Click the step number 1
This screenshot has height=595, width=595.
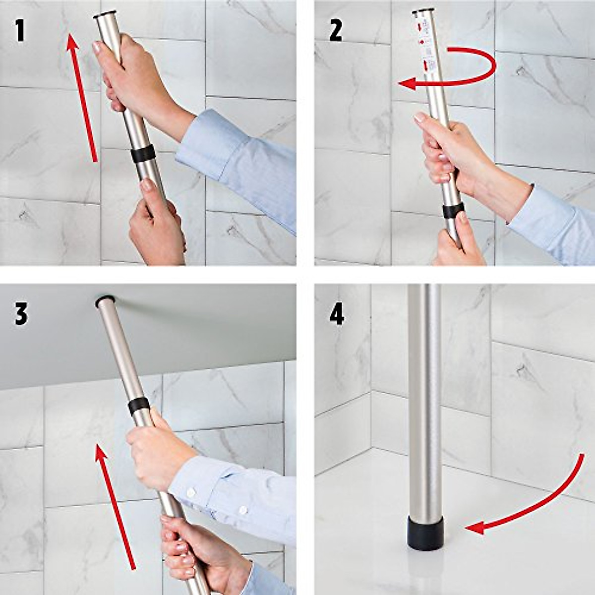tap(19, 31)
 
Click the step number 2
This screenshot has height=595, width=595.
tap(336, 31)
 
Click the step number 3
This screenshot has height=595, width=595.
tap(20, 314)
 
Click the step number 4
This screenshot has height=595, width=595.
tap(337, 314)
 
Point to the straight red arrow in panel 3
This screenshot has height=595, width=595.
tap(115, 506)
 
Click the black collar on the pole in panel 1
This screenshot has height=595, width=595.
tap(144, 155)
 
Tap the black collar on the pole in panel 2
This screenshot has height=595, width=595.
tap(452, 210)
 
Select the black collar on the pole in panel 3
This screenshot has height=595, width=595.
tap(139, 406)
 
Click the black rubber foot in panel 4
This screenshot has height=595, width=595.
tap(425, 533)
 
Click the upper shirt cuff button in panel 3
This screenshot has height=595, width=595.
tap(191, 492)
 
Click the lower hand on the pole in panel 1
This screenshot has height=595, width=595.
tap(156, 223)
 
